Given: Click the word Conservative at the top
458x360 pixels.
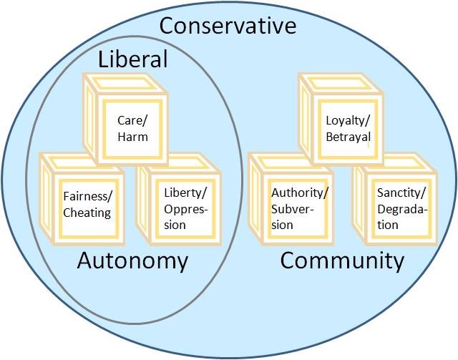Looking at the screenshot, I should tap(228, 26).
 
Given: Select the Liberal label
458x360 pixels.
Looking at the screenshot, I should tap(132, 59).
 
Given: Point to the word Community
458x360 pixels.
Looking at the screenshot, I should tap(342, 261).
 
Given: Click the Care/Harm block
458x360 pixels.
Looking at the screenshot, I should tap(132, 128).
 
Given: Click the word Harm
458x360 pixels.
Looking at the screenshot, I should tap(132, 137).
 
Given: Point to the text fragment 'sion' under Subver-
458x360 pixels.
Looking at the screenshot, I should tap(282, 225).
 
